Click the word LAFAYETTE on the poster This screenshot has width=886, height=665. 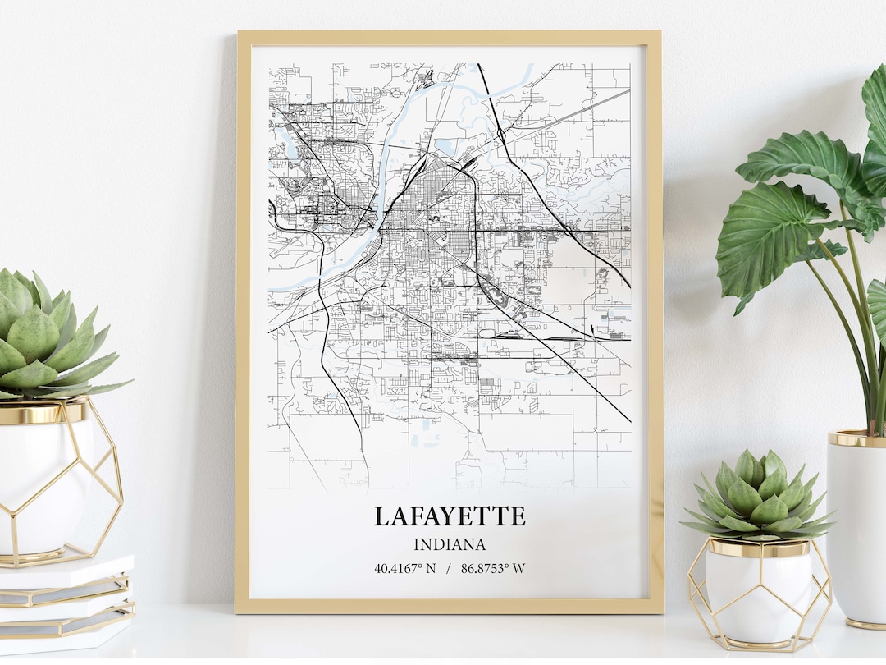(450, 516)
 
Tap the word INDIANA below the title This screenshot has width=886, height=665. (450, 544)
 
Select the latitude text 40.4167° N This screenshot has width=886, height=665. (405, 568)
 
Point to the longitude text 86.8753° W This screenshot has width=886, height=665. (493, 568)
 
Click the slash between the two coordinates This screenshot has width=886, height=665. (448, 568)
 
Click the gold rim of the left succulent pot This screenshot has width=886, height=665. (41, 413)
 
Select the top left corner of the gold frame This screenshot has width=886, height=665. (240, 34)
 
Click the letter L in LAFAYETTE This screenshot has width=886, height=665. (382, 516)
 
